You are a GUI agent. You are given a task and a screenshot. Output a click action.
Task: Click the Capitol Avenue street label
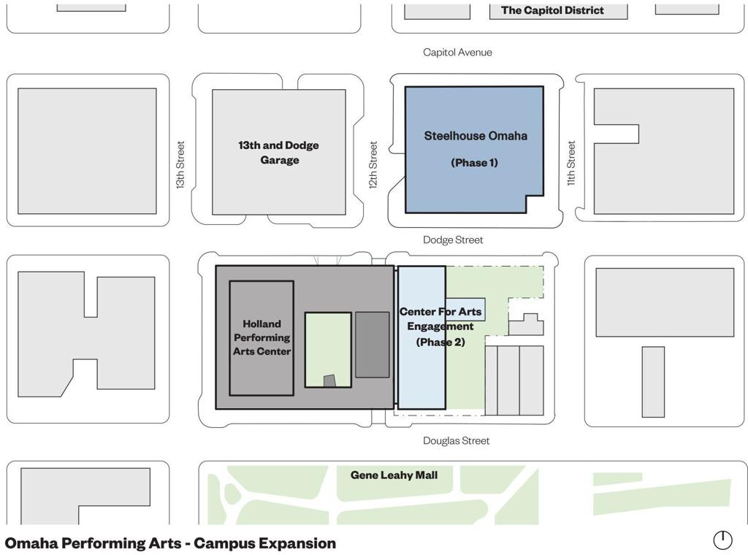[x=457, y=53]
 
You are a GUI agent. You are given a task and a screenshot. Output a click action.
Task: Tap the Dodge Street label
[x=453, y=240]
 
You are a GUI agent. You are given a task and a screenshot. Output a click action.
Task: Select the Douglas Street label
[x=457, y=440]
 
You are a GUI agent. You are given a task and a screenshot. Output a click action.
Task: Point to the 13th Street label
[x=180, y=165]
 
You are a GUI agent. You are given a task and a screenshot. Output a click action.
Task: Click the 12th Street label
[x=373, y=165]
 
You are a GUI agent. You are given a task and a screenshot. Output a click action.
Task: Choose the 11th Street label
[x=571, y=163]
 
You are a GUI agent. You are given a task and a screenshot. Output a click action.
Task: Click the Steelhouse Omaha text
[x=476, y=136]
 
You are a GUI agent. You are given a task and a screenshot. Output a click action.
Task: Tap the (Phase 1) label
[x=475, y=163]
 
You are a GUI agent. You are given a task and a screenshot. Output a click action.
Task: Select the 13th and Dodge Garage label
[x=279, y=153]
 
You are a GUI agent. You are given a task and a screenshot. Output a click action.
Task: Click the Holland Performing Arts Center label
[x=262, y=337]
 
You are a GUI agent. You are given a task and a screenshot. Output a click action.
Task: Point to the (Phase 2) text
[x=440, y=342]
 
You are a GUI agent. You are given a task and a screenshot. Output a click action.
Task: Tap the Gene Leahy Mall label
[x=394, y=475]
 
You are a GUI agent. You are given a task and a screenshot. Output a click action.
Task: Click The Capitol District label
[x=552, y=10]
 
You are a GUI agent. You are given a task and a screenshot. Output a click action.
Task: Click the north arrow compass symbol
[x=722, y=540]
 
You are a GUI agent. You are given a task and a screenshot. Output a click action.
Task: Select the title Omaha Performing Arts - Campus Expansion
[x=170, y=543]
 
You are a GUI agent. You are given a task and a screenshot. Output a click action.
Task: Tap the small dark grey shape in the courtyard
[x=329, y=381]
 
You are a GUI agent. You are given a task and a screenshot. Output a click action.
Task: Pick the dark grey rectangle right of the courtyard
[x=373, y=345]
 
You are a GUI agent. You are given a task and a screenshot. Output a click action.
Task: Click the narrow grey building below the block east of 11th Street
[x=653, y=382]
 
